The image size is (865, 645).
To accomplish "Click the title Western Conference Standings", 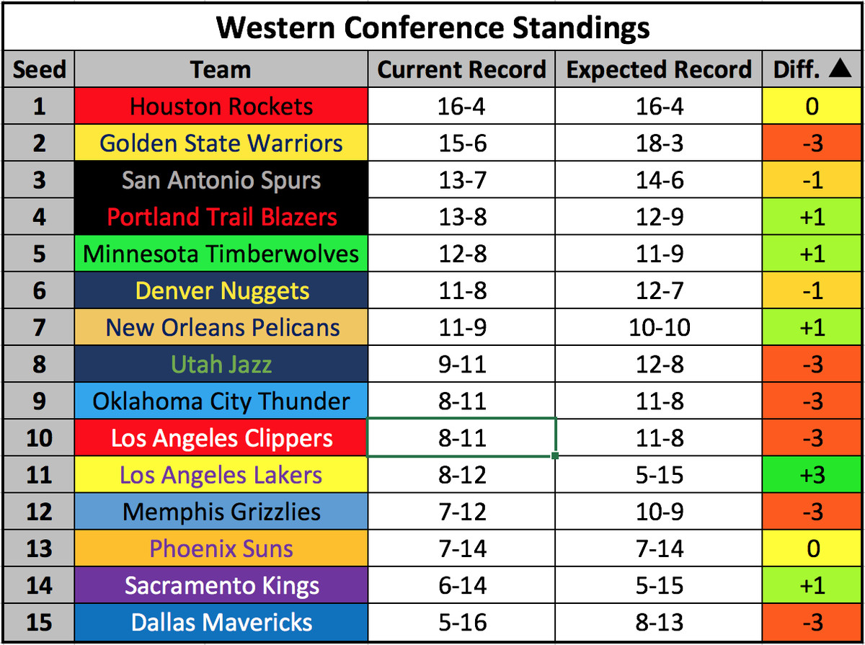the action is [x=432, y=28].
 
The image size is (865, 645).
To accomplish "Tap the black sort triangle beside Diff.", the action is [x=840, y=68].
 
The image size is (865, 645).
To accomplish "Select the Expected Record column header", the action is [x=659, y=69].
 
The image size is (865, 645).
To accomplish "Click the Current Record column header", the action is [x=461, y=69].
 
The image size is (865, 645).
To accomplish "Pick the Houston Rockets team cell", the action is [x=221, y=106].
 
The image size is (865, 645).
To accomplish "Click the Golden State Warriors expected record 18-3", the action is [x=660, y=143].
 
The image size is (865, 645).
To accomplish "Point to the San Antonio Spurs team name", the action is [x=221, y=180].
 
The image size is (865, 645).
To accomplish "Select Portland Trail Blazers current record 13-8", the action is [x=462, y=217].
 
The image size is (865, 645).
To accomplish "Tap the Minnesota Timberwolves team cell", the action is [x=221, y=254].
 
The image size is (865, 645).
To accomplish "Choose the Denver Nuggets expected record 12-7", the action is [x=660, y=290].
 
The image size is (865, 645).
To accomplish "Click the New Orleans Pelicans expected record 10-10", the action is [x=660, y=327].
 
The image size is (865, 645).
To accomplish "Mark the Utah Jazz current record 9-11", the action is [x=462, y=364].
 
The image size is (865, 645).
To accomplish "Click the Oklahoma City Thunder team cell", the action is [x=221, y=401].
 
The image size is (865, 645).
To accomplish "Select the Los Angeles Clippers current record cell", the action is [x=461, y=437].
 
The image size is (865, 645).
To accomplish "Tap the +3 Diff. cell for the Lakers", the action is [x=812, y=474].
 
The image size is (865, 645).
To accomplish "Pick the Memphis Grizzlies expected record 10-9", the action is [x=660, y=512].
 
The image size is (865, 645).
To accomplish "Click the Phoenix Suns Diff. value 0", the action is [x=813, y=548].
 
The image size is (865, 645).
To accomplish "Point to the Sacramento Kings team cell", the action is [x=221, y=585].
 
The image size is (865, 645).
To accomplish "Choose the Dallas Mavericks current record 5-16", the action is [x=462, y=622].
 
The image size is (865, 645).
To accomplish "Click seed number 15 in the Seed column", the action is [x=39, y=622].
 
